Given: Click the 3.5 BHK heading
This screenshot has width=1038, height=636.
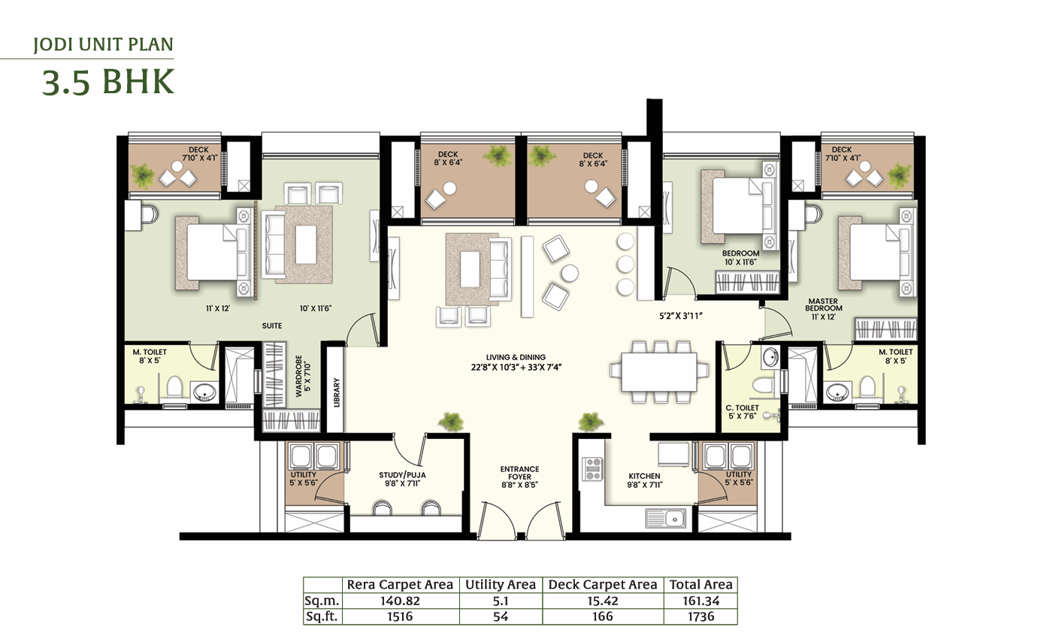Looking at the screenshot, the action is click(x=108, y=82).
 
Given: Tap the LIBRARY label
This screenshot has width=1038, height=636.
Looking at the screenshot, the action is click(x=337, y=392).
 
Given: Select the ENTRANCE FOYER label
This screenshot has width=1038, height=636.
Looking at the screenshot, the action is click(x=519, y=473).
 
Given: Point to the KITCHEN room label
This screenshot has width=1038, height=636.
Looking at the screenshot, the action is click(x=644, y=476).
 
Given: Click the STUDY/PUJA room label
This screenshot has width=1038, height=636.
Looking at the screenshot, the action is click(x=402, y=475).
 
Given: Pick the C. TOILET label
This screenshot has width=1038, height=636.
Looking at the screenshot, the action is click(x=742, y=408).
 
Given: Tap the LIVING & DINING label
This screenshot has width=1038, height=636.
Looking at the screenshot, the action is click(x=516, y=357).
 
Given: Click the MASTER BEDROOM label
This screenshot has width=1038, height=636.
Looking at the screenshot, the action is click(x=824, y=304).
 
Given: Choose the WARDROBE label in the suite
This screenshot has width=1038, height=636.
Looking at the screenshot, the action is click(x=298, y=376).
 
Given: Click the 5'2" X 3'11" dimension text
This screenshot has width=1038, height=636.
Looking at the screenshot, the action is click(x=681, y=316).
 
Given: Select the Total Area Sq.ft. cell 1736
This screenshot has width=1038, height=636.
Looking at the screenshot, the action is click(x=701, y=616).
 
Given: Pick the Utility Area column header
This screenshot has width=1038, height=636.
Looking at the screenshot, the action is click(x=501, y=585).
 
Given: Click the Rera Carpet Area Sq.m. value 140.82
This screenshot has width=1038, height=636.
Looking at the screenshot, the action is click(x=400, y=601).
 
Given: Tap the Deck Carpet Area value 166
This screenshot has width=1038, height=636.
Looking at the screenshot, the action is click(x=602, y=616).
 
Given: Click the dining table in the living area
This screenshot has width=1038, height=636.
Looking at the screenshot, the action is click(x=659, y=372).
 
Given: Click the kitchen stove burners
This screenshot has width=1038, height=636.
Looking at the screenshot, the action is click(x=592, y=468).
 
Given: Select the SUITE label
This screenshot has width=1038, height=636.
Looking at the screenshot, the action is click(x=271, y=326).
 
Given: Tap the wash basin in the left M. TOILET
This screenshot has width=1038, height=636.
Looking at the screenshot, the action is click(x=204, y=392).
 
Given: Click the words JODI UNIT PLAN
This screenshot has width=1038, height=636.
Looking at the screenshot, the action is click(x=103, y=45).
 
